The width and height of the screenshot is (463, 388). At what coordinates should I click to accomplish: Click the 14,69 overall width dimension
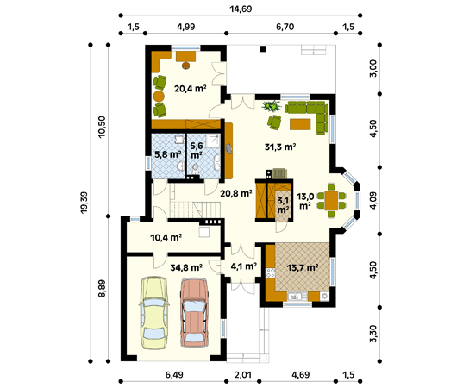point(241,9)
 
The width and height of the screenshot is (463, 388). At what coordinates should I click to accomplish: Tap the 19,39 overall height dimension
point(84,203)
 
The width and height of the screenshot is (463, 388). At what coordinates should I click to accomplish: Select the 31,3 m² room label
point(280,147)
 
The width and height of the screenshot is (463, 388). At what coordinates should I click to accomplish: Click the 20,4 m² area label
point(190,88)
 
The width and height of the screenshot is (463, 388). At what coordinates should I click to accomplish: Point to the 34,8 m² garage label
point(186,267)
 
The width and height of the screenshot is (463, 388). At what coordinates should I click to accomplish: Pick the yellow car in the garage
point(153,312)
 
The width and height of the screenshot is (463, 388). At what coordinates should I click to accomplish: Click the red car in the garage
point(195,312)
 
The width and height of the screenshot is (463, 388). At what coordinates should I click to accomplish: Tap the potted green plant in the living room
point(272,106)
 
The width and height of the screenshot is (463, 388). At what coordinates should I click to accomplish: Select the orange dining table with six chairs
point(331,200)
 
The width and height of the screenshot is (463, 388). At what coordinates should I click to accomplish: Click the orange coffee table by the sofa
point(300,124)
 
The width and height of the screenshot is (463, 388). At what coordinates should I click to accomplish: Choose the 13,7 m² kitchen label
point(303,268)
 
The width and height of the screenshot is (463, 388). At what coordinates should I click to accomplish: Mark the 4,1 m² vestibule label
point(243,266)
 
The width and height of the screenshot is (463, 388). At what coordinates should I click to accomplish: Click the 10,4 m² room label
point(166,237)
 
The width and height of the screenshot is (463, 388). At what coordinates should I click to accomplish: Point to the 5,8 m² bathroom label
point(168,154)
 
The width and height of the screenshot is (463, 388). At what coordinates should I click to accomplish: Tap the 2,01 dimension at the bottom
point(243,375)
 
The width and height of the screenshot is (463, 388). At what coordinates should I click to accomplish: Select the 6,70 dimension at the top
point(285,27)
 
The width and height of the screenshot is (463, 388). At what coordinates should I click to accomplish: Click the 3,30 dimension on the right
point(373,334)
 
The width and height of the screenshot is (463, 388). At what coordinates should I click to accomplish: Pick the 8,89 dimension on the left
point(102,289)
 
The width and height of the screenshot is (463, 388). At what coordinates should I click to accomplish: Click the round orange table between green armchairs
point(159,96)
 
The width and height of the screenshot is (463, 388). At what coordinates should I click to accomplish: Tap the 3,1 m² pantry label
point(283,205)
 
